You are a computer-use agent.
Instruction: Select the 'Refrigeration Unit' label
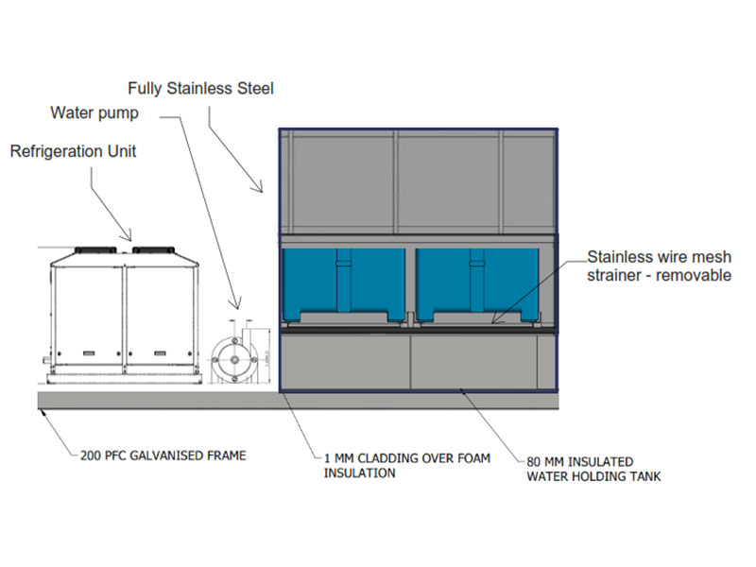pos(73,151)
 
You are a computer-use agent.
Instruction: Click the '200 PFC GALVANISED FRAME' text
pos(163,455)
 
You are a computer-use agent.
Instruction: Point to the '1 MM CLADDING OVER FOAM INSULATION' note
pos(407,466)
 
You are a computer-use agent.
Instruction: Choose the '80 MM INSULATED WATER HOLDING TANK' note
pos(593,470)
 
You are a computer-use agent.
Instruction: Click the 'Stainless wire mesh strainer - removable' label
pos(659,266)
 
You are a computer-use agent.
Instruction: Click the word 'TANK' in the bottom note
pos(643,476)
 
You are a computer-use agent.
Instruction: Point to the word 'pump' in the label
pos(120,114)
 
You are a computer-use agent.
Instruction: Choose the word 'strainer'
pos(615,276)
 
